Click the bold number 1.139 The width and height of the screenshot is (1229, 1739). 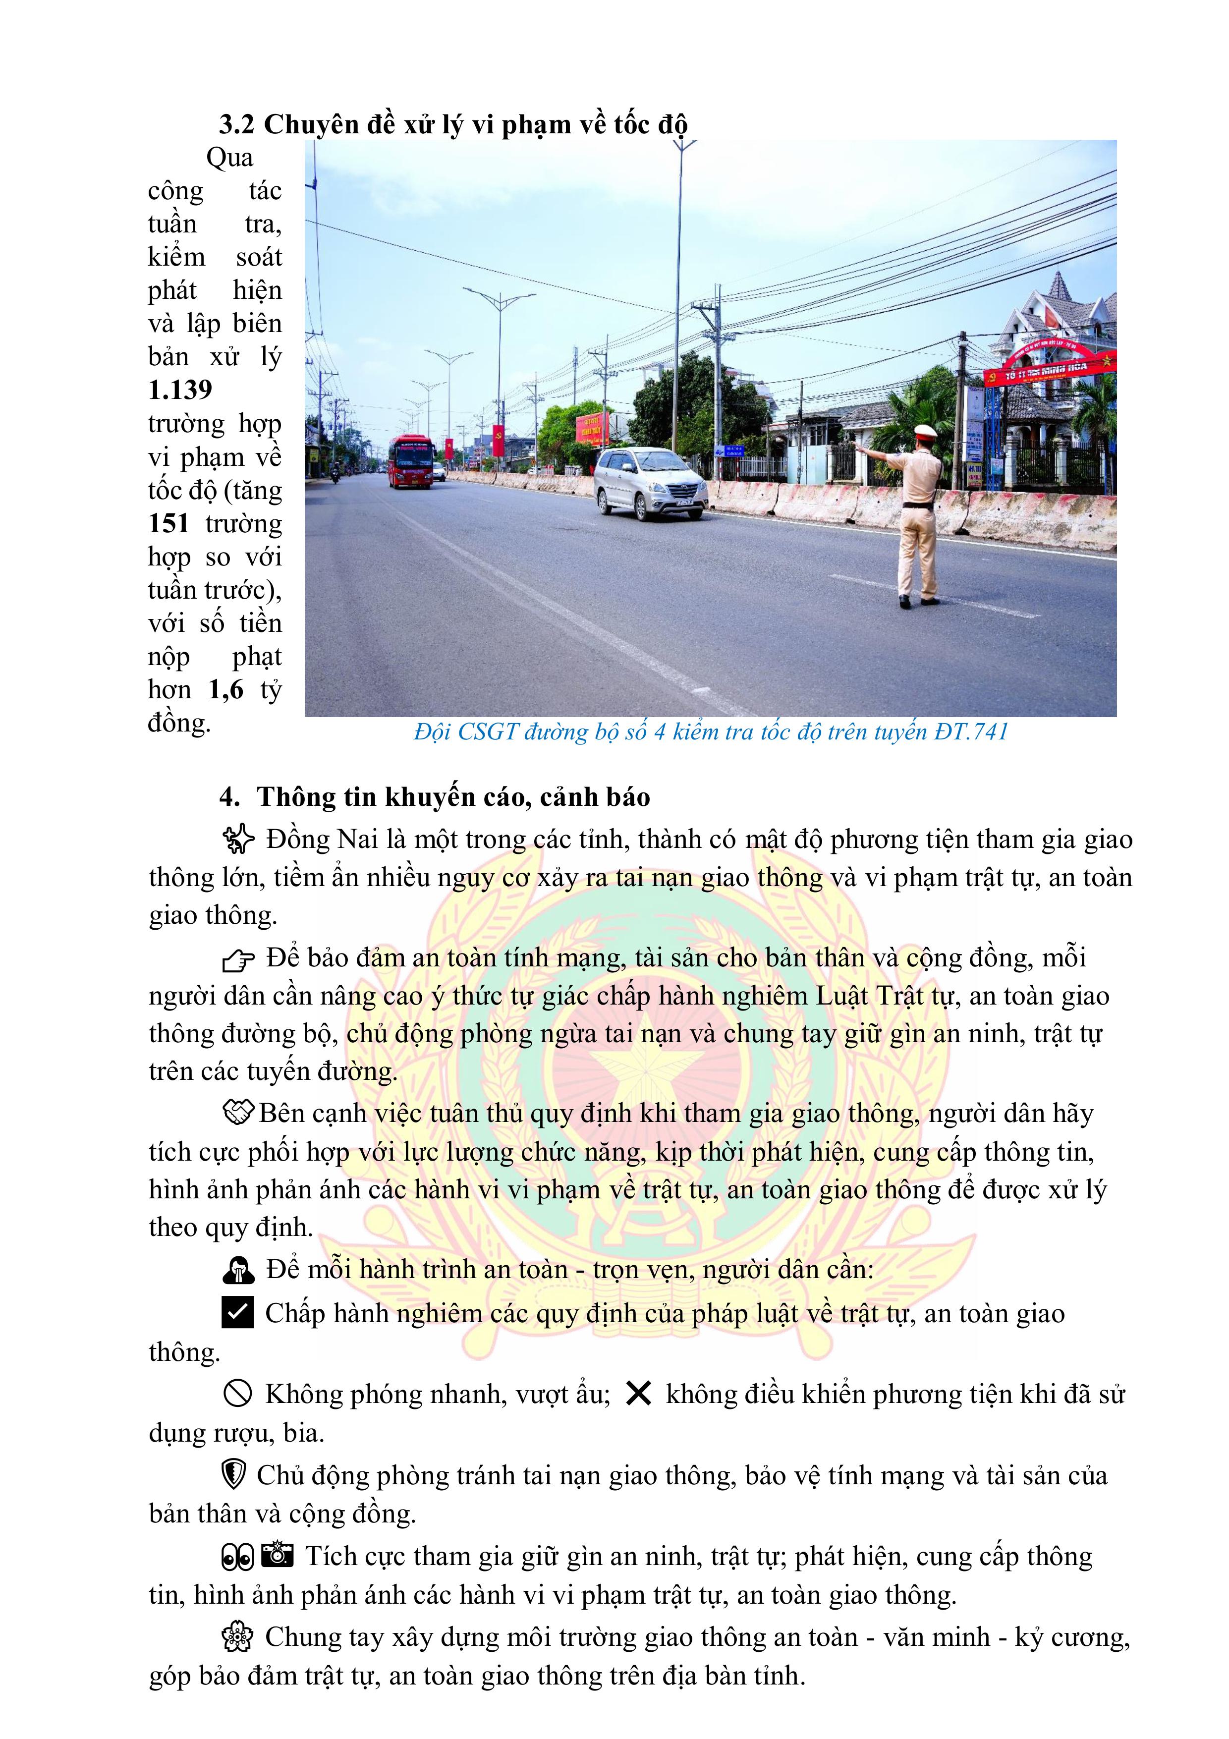coord(180,390)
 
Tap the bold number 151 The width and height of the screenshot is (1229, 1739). coord(168,523)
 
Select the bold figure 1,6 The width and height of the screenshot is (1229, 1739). coord(225,689)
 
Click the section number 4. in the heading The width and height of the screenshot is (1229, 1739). coord(229,797)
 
